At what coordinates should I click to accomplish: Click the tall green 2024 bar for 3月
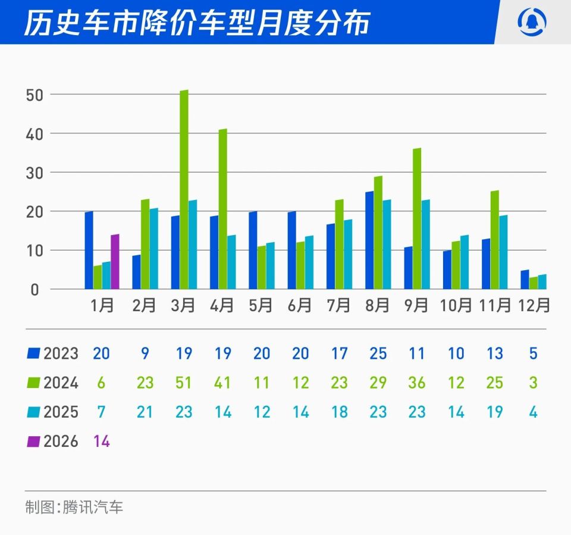(x=184, y=190)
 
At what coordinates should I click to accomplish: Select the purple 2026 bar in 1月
(x=115, y=262)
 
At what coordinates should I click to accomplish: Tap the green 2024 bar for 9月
(x=417, y=219)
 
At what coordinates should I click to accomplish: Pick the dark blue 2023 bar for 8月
(x=369, y=240)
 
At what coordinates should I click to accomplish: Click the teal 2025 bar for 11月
(x=503, y=252)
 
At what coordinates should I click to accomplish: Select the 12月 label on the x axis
(x=534, y=305)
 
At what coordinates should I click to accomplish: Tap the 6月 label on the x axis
(x=300, y=305)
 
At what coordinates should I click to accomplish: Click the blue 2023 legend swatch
(x=33, y=353)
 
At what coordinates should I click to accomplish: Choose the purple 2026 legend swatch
(x=33, y=442)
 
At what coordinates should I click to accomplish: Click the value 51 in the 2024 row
(x=184, y=383)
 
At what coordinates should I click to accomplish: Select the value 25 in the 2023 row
(x=378, y=353)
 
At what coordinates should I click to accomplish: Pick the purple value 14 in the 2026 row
(x=101, y=442)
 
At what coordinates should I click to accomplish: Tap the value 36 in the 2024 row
(x=417, y=383)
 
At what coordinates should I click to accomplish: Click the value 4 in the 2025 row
(x=534, y=412)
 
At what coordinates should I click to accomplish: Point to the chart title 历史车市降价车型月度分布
(x=196, y=23)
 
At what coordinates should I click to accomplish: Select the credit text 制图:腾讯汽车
(x=74, y=508)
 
